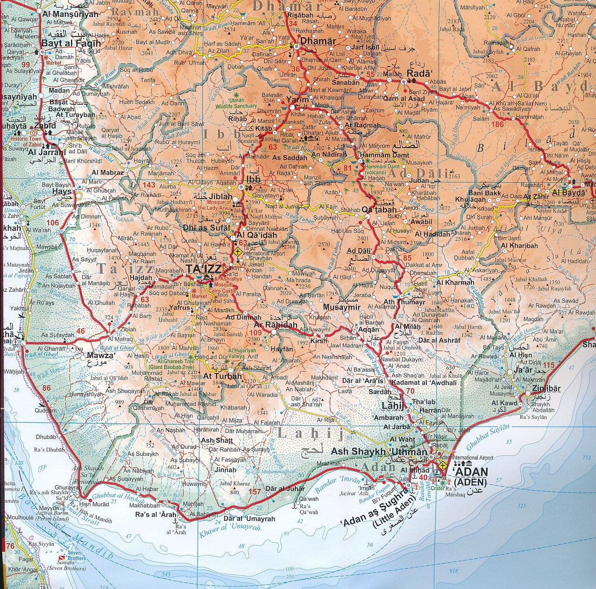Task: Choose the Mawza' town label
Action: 100,355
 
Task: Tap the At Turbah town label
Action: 222,376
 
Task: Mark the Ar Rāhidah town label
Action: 276,325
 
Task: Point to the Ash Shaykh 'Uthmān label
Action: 379,452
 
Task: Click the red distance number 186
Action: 497,124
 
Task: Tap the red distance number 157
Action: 255,491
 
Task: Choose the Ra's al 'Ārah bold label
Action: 156,515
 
